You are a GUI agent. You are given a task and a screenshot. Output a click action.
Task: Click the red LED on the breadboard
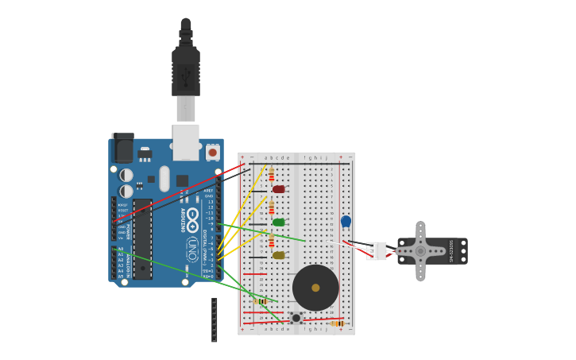pyautogui.click(x=278, y=189)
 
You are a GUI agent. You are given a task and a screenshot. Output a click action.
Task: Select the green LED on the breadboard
pyautogui.click(x=278, y=223)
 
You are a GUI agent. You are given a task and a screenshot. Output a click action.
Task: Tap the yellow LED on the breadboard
pyautogui.click(x=278, y=255)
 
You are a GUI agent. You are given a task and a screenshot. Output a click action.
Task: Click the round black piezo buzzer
pyautogui.click(x=315, y=288)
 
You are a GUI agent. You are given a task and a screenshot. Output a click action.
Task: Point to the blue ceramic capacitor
pyautogui.click(x=346, y=222)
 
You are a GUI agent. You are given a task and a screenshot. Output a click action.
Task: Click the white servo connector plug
pyautogui.click(x=377, y=251)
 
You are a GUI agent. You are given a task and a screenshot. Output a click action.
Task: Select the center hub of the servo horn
pyautogui.click(x=420, y=251)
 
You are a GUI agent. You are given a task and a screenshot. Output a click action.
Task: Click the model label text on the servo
pyautogui.click(x=451, y=251)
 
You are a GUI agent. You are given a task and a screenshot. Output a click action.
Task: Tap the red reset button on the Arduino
pyautogui.click(x=212, y=151)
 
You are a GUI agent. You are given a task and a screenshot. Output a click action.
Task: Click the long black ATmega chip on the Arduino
pyautogui.click(x=142, y=238)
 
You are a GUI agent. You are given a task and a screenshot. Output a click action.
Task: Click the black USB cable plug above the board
pyautogui.click(x=186, y=72)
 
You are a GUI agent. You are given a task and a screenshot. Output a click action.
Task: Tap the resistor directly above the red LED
pyautogui.click(x=271, y=174)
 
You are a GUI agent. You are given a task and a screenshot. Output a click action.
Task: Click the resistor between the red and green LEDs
pyautogui.click(x=271, y=207)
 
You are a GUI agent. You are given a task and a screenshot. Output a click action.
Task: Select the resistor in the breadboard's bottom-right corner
pyautogui.click(x=338, y=323)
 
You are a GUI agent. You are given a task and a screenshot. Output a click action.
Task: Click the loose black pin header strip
pyautogui.click(x=215, y=319)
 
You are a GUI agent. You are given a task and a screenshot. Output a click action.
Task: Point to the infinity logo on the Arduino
pyautogui.click(x=192, y=216)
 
